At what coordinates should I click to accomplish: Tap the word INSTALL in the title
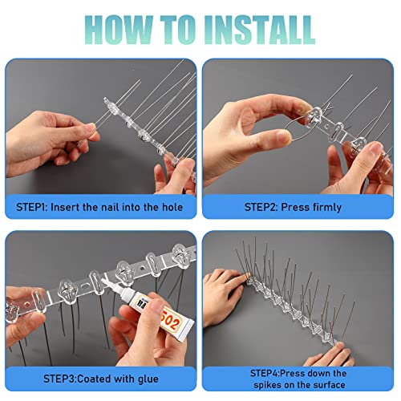pyautogui.click(x=260, y=30)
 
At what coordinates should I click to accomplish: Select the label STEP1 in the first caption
pyautogui.click(x=31, y=207)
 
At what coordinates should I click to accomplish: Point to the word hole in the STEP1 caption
pyautogui.click(x=172, y=207)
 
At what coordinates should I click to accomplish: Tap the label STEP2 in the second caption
pyautogui.click(x=260, y=207)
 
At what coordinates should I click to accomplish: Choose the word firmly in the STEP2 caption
pyautogui.click(x=326, y=208)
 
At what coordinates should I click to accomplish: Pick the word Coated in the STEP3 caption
pyautogui.click(x=95, y=379)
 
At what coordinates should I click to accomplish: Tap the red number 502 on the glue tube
pyautogui.click(x=169, y=318)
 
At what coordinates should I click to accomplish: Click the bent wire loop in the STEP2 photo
pyautogui.click(x=294, y=128)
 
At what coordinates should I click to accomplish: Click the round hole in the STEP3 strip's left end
pyautogui.click(x=26, y=305)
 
